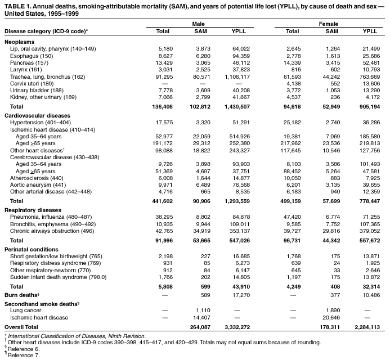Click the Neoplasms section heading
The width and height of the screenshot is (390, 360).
pos(20,42)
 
